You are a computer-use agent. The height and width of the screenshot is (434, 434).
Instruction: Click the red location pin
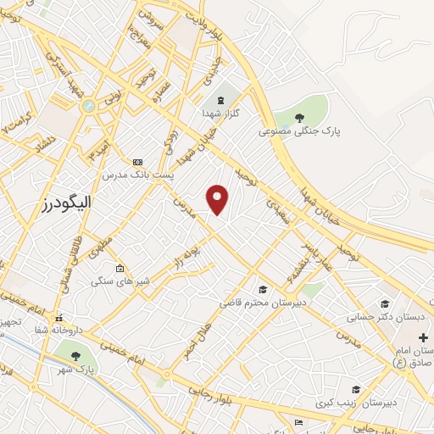coord(218,198)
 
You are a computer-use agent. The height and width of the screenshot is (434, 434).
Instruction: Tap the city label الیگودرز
coord(65,203)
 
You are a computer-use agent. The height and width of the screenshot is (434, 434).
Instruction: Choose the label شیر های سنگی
coord(120,281)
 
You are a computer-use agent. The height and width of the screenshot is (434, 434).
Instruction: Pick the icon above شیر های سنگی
coord(120,269)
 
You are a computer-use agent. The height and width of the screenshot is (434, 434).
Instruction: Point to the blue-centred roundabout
coord(89,106)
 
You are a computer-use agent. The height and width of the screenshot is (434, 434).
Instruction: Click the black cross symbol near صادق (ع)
coord(423,337)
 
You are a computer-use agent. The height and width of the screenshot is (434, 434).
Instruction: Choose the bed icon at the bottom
coord(297,421)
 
